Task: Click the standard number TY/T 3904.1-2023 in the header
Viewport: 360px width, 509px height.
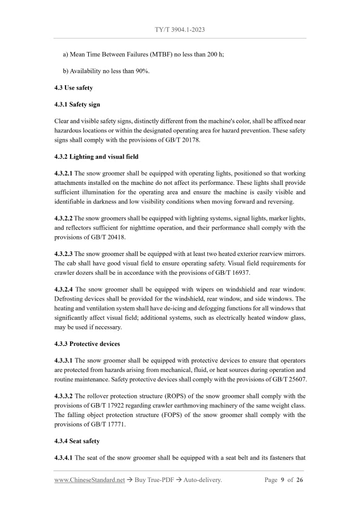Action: [180, 30]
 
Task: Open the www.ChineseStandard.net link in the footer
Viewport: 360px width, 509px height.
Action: [89, 480]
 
